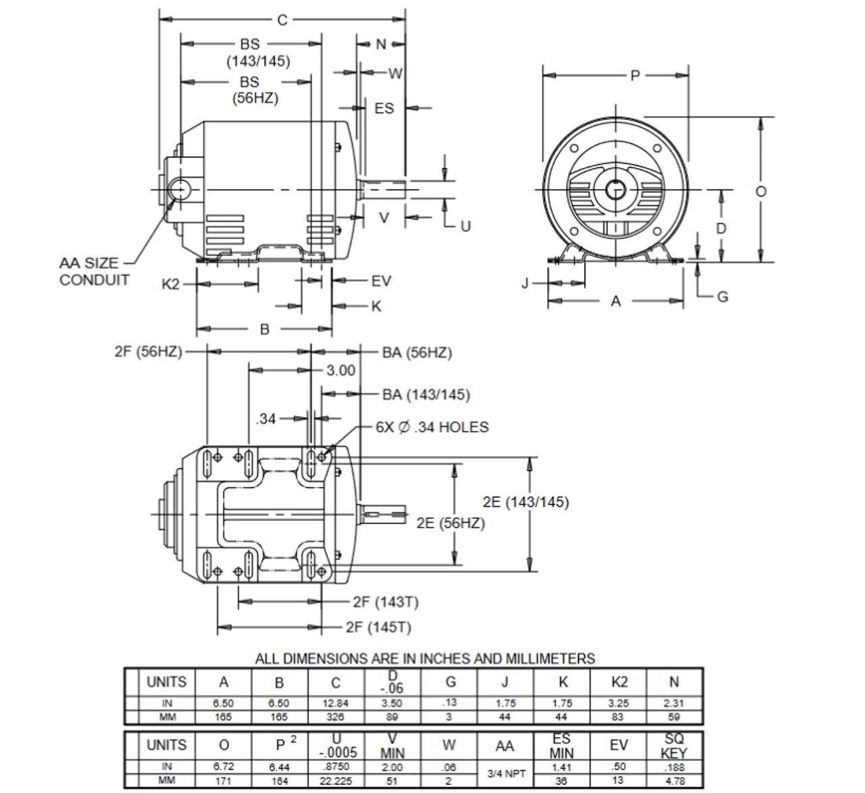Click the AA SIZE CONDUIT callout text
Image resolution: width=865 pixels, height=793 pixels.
coord(94,272)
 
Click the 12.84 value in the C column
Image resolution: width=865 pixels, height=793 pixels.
coord(335,702)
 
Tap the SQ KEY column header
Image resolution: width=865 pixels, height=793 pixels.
coord(674,745)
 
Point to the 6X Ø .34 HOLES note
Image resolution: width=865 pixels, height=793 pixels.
coord(432,427)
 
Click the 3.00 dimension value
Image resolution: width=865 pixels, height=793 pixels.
coord(341,370)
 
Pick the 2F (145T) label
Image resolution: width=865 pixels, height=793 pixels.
coord(378,627)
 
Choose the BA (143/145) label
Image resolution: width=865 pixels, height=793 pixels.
coord(426,394)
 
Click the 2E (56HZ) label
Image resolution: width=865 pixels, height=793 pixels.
coord(450,523)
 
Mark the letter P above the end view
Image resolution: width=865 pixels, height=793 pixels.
coord(635,75)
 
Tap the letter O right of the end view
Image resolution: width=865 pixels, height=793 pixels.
coord(761,191)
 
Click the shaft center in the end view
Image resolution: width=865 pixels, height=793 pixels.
coord(615,190)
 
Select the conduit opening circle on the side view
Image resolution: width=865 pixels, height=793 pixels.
coord(180,190)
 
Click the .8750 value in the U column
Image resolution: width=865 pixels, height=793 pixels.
coord(335,767)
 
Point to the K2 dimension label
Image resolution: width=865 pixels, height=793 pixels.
coord(171,284)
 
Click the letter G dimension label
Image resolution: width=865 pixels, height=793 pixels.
coord(722,297)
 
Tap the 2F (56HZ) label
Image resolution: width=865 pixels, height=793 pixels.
coord(148,351)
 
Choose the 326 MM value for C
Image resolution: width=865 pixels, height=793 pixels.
coord(335,717)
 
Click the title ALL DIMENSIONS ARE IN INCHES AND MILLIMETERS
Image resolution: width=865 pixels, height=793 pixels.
coord(425,659)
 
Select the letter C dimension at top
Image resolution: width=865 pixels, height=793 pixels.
coord(282,20)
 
